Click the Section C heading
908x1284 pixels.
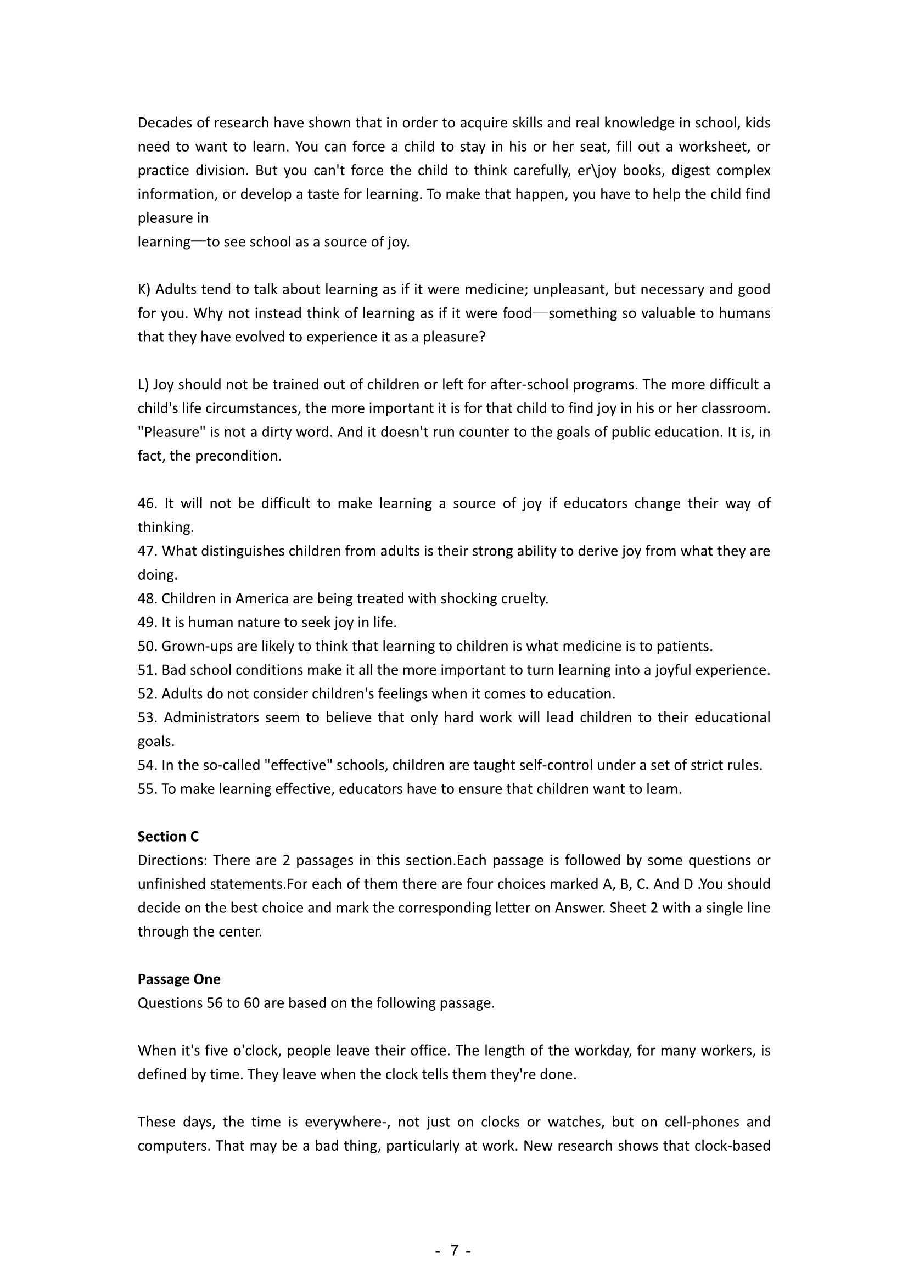coord(168,837)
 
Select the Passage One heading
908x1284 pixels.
coord(179,979)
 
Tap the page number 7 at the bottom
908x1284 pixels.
coord(454,1251)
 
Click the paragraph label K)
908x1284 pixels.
coord(144,290)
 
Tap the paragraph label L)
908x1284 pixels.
coord(143,385)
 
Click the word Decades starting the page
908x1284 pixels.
coord(165,123)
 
